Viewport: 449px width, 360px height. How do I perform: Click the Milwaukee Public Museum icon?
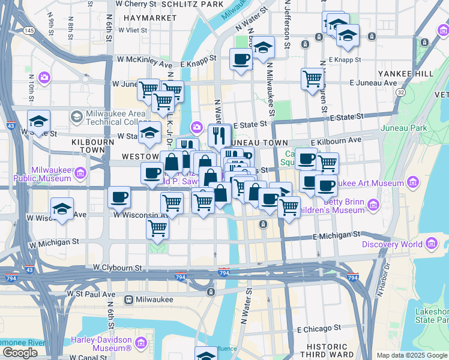coord(80,174)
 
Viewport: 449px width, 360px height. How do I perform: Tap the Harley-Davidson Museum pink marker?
coord(141,343)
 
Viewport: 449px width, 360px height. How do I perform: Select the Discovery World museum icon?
coord(430,244)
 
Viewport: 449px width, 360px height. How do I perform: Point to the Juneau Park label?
coord(411,128)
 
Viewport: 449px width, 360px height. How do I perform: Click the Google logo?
coord(20,353)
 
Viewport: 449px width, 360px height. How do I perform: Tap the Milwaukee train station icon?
coord(128,299)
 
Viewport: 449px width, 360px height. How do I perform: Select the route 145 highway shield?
coord(29,30)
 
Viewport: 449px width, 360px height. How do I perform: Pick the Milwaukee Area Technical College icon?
coord(76,116)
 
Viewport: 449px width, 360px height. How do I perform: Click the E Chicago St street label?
coord(319,329)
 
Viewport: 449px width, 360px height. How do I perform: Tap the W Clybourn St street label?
coord(117,266)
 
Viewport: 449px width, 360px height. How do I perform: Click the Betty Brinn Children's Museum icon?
coord(373,206)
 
